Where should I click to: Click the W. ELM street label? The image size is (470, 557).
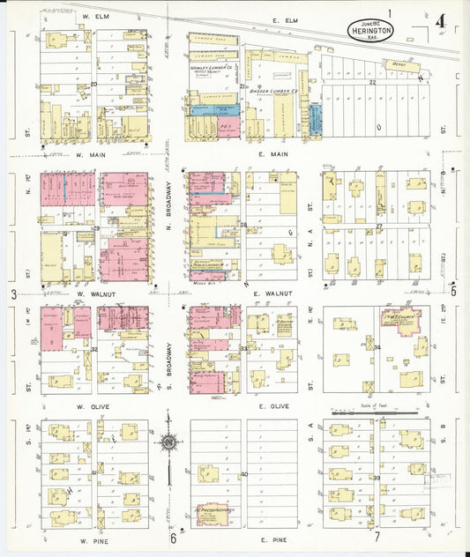(x=94, y=17)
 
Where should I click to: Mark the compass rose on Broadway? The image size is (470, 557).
(x=168, y=442)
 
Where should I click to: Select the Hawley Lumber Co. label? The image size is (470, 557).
(x=211, y=66)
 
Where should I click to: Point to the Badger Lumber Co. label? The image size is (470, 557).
(x=271, y=89)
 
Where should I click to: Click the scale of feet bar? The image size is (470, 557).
(x=364, y=411)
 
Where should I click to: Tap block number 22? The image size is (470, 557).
(x=372, y=81)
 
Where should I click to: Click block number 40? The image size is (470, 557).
(x=244, y=474)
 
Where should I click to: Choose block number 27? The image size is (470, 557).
(x=378, y=226)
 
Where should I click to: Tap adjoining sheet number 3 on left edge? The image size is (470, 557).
(x=12, y=293)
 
